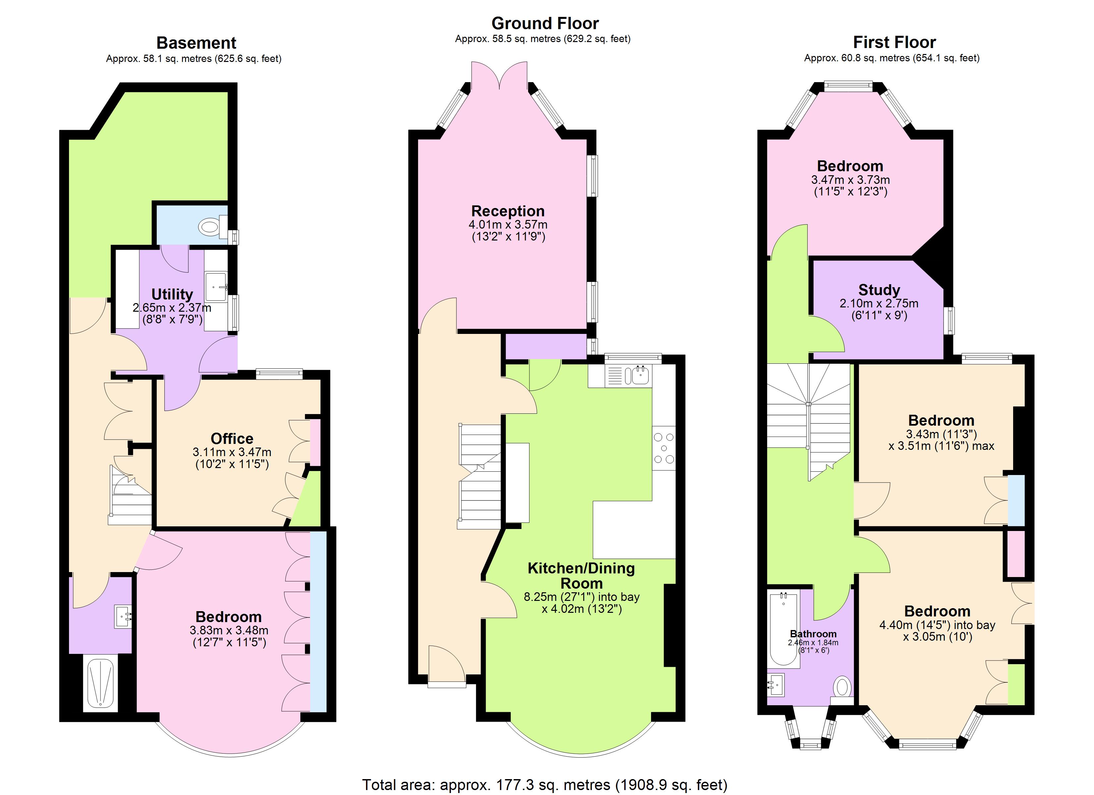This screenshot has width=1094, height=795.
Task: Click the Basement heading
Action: [196, 43]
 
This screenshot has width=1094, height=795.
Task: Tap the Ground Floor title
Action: [545, 23]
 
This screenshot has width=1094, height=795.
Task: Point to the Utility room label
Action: [172, 294]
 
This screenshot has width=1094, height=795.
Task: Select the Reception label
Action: [508, 211]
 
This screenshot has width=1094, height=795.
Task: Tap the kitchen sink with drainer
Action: [628, 375]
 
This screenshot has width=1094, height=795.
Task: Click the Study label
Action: [879, 290]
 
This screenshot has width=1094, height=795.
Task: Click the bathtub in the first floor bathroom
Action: [783, 629]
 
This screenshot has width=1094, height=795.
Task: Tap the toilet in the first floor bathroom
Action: [842, 687]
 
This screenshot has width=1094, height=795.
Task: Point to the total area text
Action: [545, 785]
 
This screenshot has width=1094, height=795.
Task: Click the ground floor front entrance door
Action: [447, 665]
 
